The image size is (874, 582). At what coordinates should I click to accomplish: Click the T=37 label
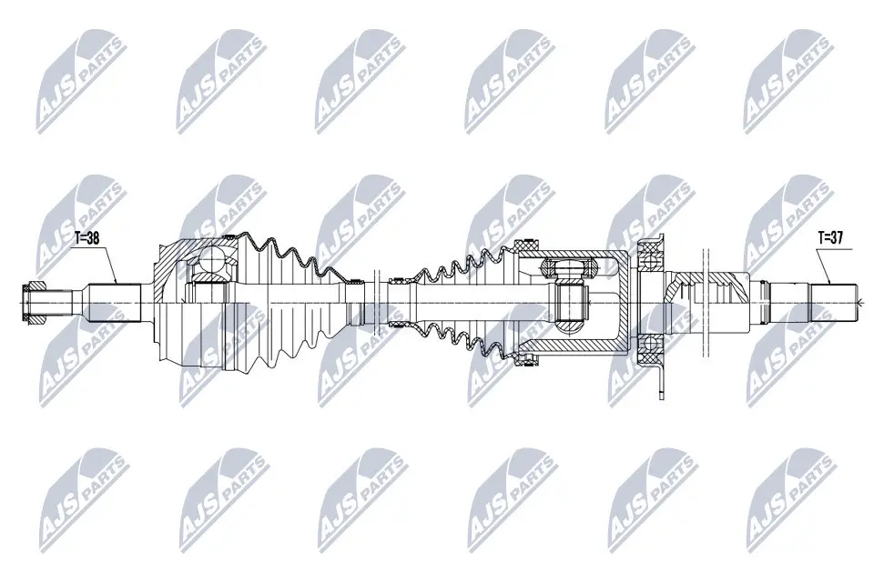pos(830,237)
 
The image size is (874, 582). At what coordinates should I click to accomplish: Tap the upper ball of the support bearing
pos(650,260)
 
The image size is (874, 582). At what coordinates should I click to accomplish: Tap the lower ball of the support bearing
pos(650,344)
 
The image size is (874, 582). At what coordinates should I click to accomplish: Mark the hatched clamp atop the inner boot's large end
pos(525,246)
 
